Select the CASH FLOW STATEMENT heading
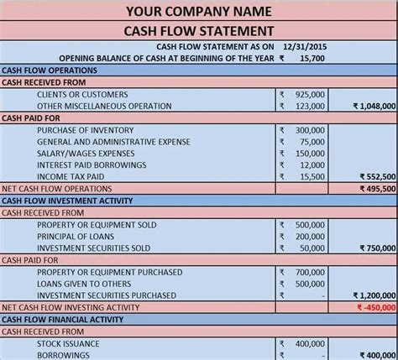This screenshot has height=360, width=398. [x=198, y=31]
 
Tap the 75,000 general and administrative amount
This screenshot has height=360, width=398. [x=312, y=143]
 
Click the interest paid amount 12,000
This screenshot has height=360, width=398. [x=312, y=166]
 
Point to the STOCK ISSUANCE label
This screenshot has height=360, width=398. [x=68, y=343]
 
